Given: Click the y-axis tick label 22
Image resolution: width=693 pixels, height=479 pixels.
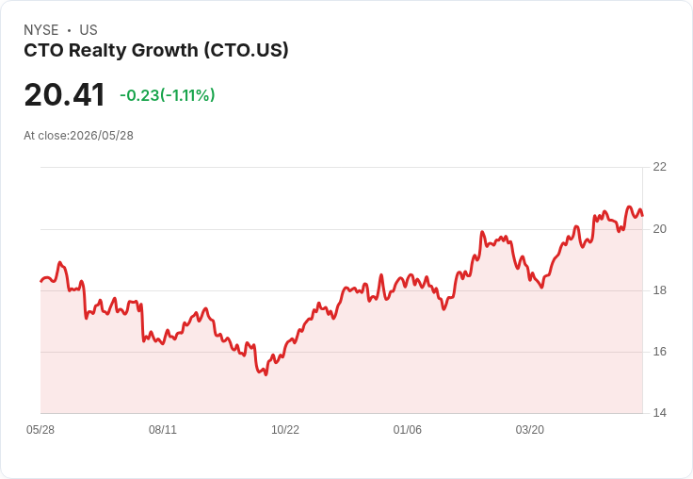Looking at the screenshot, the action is click(659, 167).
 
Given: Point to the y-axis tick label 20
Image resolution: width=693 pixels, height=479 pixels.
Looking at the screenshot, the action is click(659, 229).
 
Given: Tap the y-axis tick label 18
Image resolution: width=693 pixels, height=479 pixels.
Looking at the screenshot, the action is click(659, 290).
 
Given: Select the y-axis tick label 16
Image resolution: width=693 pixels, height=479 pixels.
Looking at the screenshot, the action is click(659, 352).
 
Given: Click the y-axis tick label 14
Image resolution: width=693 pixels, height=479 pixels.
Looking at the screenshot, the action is click(659, 413).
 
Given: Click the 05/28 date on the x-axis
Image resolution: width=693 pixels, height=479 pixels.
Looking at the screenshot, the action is click(40, 430).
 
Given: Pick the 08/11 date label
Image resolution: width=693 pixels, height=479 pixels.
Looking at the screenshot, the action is click(163, 430).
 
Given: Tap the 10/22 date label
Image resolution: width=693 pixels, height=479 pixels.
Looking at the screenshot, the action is click(285, 430).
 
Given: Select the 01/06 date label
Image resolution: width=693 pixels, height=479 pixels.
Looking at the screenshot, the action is click(408, 430).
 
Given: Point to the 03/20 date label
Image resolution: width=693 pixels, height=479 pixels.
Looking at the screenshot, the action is click(530, 430).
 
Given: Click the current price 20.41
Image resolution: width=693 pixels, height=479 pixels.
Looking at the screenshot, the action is click(65, 95).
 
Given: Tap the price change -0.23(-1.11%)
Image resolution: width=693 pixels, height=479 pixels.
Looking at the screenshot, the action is click(168, 95).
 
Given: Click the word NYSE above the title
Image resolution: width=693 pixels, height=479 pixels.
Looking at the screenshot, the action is click(41, 30).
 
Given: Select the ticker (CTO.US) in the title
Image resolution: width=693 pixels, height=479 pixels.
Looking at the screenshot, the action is click(246, 50).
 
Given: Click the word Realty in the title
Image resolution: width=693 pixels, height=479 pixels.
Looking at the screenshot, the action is click(98, 51).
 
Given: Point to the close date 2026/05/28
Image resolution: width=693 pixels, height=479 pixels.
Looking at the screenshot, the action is click(102, 136).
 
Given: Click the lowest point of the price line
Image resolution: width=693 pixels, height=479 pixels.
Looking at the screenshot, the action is click(266, 374).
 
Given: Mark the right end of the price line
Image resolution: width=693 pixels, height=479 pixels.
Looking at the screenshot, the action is click(642, 216).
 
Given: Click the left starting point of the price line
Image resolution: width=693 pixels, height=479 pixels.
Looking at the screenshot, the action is click(40, 281).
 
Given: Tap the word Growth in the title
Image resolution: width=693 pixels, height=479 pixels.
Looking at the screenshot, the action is click(165, 50).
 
